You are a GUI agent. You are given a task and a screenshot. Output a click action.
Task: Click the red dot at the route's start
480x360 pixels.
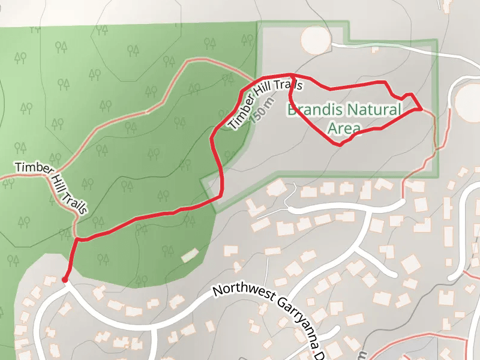pos(64,280)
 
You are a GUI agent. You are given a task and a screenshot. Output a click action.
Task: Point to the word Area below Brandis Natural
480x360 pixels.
pos(344,128)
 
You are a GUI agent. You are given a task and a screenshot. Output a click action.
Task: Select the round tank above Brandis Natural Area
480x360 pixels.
pos(316,40)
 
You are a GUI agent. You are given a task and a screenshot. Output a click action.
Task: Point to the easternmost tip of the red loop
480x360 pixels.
pos(422,109)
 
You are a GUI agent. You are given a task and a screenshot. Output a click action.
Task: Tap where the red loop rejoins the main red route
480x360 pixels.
pos(290,78)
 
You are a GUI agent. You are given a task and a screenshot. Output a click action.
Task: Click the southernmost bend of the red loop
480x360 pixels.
pos(341,145)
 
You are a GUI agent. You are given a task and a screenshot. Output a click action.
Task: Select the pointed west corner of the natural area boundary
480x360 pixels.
pos(202,179)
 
